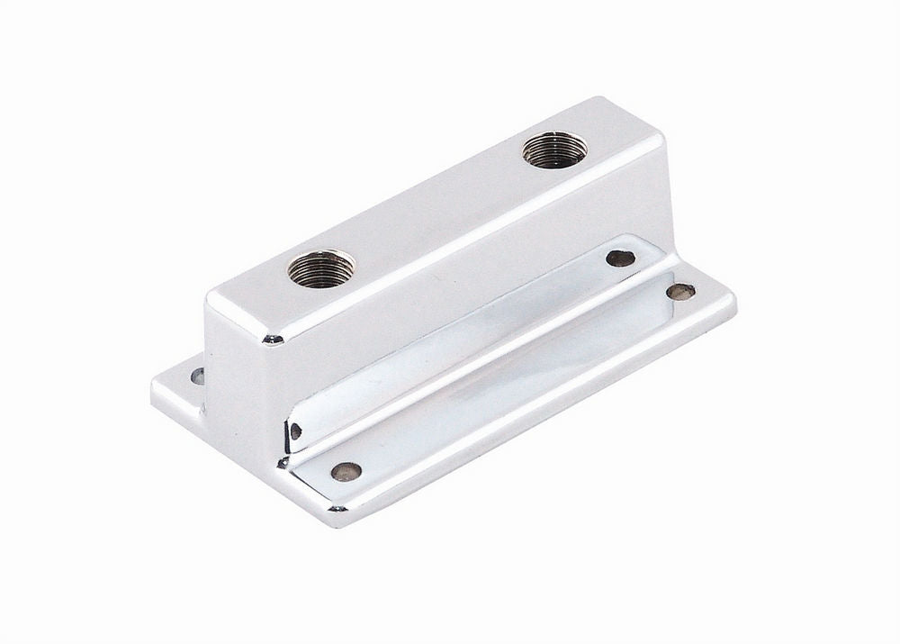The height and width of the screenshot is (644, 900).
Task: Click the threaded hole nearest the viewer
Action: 321,268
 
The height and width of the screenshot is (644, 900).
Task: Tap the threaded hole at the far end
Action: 554,149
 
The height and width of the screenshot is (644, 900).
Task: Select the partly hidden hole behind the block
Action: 197,376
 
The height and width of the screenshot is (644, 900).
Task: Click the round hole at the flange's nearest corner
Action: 346,470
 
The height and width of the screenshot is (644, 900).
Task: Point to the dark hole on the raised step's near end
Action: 296,431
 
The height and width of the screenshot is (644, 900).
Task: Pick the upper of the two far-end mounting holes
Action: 620,258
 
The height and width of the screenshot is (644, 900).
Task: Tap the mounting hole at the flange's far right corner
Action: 680,291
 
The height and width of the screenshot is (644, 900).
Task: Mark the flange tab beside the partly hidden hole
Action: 180,389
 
